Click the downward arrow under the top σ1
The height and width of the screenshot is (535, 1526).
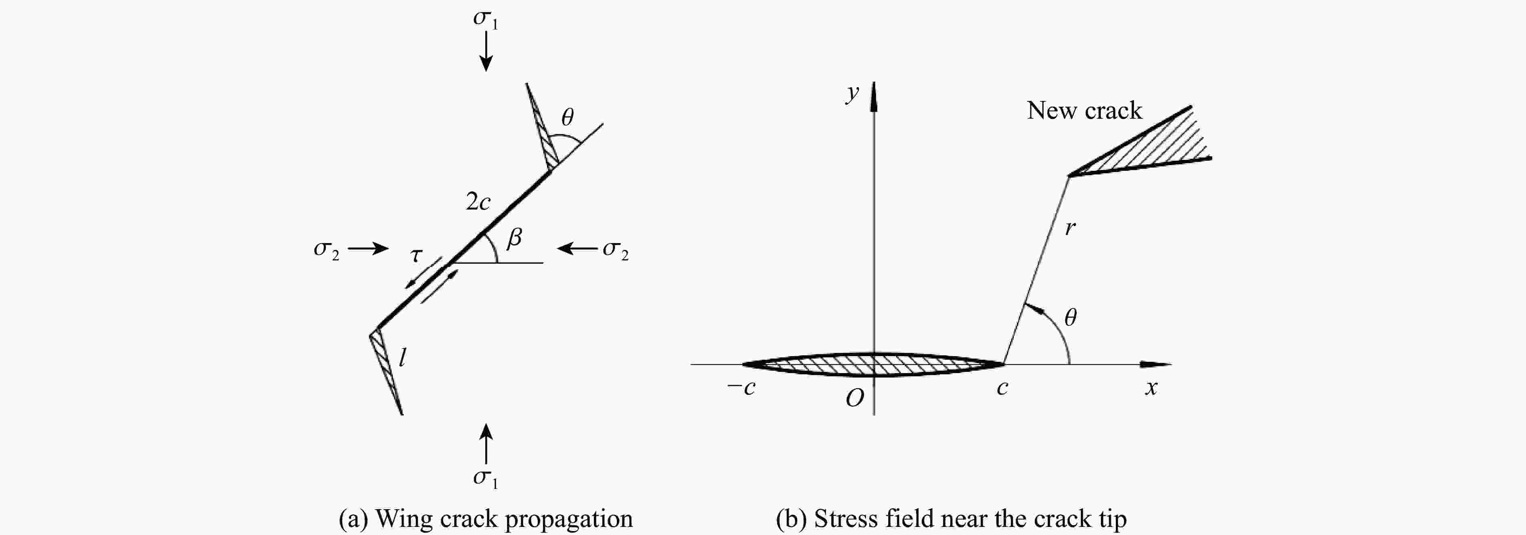coord(486,52)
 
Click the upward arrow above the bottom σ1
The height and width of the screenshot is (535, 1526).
coord(486,443)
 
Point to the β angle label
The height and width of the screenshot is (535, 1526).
coord(514,237)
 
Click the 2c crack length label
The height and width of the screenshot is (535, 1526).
coord(478,202)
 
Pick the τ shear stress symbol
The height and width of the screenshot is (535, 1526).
coord(417,255)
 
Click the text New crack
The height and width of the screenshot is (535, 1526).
coord(1084,110)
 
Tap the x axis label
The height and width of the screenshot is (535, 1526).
coord(1151,388)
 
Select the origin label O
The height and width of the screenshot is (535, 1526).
coord(855,399)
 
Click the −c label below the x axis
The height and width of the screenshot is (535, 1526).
coord(741,388)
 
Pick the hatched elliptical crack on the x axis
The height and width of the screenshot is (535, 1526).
coord(873,364)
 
